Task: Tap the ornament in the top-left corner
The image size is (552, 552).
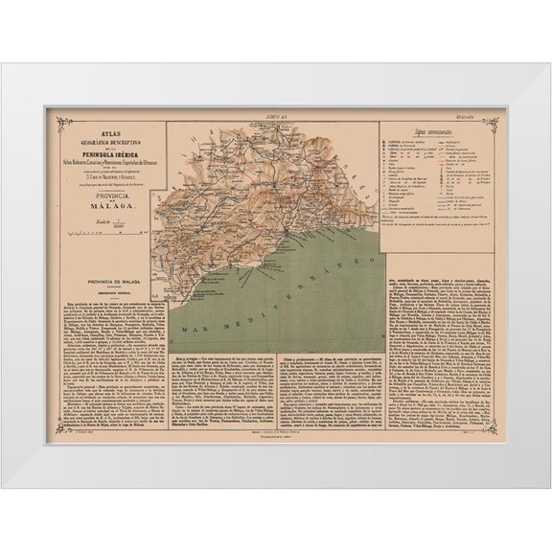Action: point(62,123)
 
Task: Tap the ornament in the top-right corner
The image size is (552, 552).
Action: point(490,123)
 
